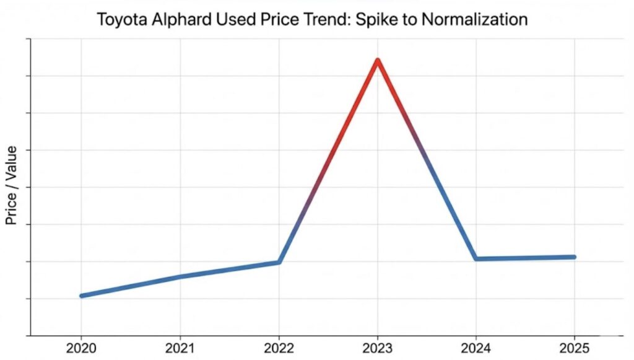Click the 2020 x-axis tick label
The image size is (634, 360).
[81, 348]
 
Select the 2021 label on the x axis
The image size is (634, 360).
[180, 348]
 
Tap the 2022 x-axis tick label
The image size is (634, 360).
[279, 348]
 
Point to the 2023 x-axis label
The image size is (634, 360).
[378, 348]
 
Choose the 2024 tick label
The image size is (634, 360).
[476, 348]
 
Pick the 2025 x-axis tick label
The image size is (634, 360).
[575, 348]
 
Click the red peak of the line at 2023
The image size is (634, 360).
[377, 60]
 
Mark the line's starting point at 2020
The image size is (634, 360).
[82, 296]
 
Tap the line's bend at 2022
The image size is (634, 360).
[279, 262]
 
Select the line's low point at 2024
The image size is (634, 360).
[475, 258]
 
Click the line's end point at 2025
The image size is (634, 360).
[574, 257]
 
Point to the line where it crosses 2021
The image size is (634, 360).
[180, 276]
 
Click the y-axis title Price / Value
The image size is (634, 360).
[11, 187]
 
